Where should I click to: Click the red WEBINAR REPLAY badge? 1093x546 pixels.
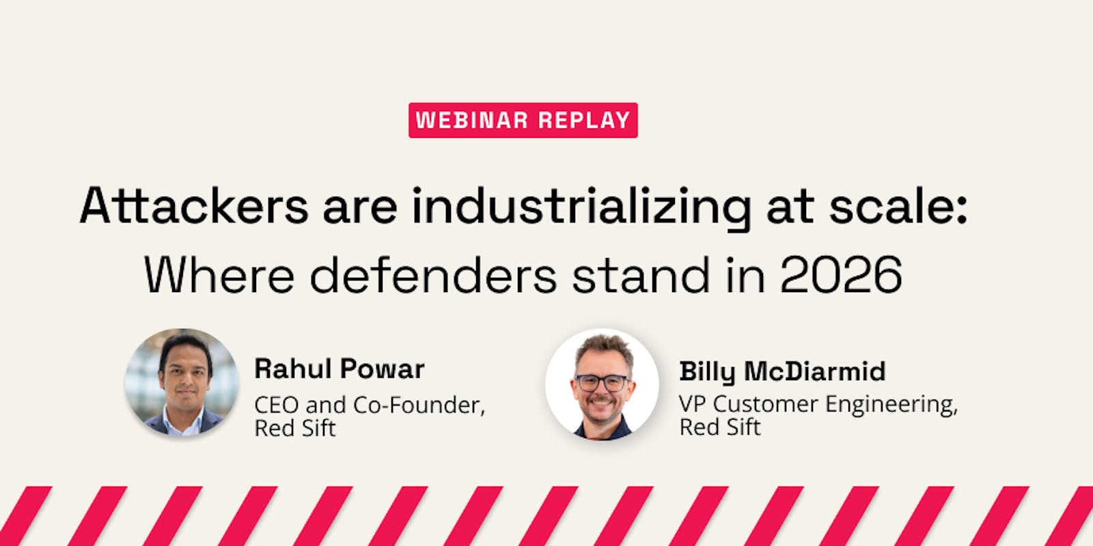(523, 120)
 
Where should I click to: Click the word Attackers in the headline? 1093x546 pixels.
(194, 206)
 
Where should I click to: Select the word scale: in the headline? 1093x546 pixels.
(898, 206)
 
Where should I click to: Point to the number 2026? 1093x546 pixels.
(841, 275)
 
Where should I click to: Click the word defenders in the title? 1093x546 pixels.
(433, 275)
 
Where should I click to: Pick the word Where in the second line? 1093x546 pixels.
(219, 275)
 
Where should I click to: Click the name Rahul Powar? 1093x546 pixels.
(339, 369)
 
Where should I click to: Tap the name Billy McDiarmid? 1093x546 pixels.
(782, 371)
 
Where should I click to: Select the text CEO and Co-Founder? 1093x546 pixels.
(370, 405)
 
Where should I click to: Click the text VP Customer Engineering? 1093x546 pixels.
(818, 404)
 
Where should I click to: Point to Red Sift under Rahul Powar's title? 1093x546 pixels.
(294, 429)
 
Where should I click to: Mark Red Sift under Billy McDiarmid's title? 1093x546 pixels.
(719, 427)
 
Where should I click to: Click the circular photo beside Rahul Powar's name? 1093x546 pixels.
(182, 384)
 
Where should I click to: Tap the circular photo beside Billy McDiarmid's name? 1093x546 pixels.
(602, 384)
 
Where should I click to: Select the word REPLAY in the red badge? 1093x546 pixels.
(583, 120)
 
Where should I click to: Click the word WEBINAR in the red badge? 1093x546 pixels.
(471, 120)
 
